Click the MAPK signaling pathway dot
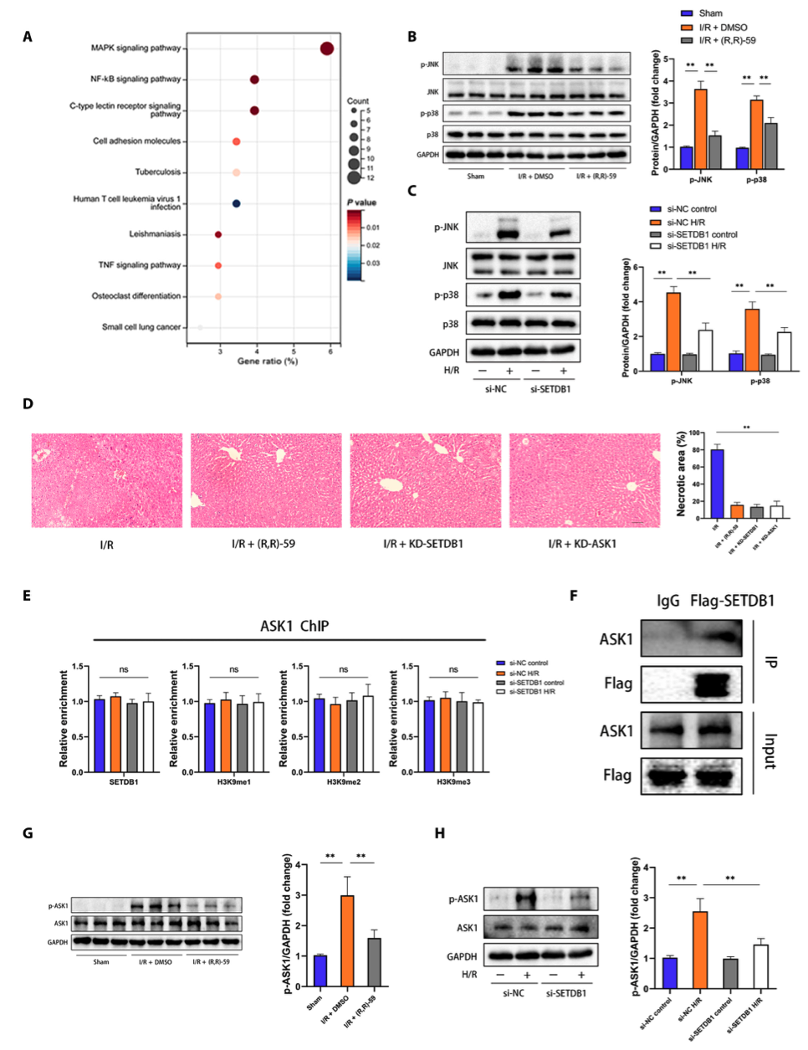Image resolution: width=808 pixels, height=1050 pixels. (x=327, y=49)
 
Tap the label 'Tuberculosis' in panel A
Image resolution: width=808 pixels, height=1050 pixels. (x=157, y=172)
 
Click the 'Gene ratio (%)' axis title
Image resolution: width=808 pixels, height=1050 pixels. (x=267, y=361)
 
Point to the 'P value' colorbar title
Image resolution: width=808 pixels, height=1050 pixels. (x=361, y=202)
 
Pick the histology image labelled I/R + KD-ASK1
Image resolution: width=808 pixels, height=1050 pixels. (x=584, y=480)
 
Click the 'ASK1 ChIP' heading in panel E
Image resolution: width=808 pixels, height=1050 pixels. (x=294, y=626)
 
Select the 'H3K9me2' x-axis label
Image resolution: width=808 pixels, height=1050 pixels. (x=343, y=782)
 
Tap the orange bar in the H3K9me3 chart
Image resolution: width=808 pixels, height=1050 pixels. (x=445, y=735)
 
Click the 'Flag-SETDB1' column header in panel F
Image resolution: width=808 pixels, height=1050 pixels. (x=732, y=601)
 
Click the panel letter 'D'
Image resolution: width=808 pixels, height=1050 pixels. (x=28, y=404)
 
